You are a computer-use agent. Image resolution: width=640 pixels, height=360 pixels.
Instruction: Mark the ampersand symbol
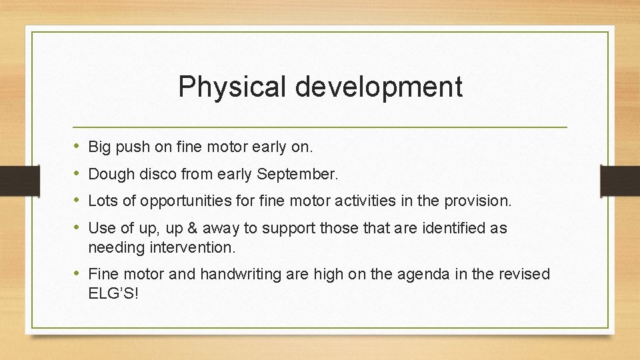[x=192, y=228]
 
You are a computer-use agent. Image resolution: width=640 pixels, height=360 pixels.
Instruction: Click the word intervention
[x=196, y=247]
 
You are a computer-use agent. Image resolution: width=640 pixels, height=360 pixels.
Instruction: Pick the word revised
[x=526, y=274]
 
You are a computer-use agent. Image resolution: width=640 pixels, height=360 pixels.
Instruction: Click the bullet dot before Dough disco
[x=77, y=175]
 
